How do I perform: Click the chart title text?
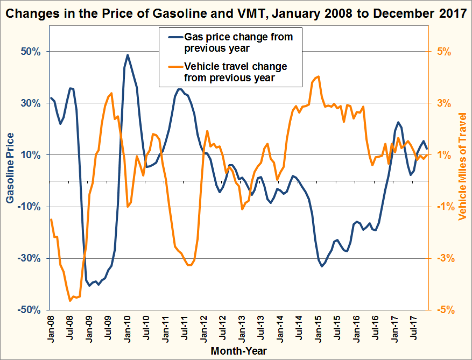pyautogui.click(x=236, y=13)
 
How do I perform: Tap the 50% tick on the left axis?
pyautogui.click(x=31, y=52)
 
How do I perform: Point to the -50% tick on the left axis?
pyautogui.click(x=29, y=310)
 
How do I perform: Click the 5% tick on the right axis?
pyautogui.click(x=444, y=52)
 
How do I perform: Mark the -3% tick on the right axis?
pyautogui.click(x=446, y=259)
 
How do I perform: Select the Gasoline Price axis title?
pyautogui.click(x=10, y=168)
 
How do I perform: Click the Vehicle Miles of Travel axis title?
pyautogui.click(x=462, y=166)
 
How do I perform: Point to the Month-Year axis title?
pyautogui.click(x=239, y=351)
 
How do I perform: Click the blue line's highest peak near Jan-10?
pyautogui.click(x=127, y=55)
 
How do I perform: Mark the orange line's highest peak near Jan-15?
pyautogui.click(x=319, y=77)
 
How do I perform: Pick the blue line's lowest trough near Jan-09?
pyautogui.click(x=90, y=286)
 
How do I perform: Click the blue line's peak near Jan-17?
pyautogui.click(x=398, y=122)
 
